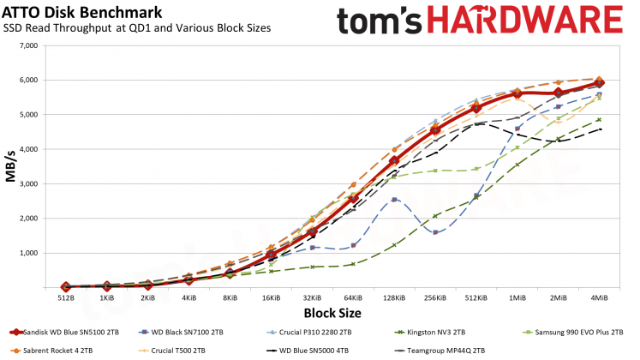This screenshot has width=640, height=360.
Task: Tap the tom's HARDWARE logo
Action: coord(479,21)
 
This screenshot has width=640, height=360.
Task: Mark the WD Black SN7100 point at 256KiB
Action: coord(435,231)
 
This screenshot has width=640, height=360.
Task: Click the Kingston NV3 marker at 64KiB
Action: coord(352,264)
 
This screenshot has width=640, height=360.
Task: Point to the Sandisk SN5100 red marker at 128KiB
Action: coord(394,161)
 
